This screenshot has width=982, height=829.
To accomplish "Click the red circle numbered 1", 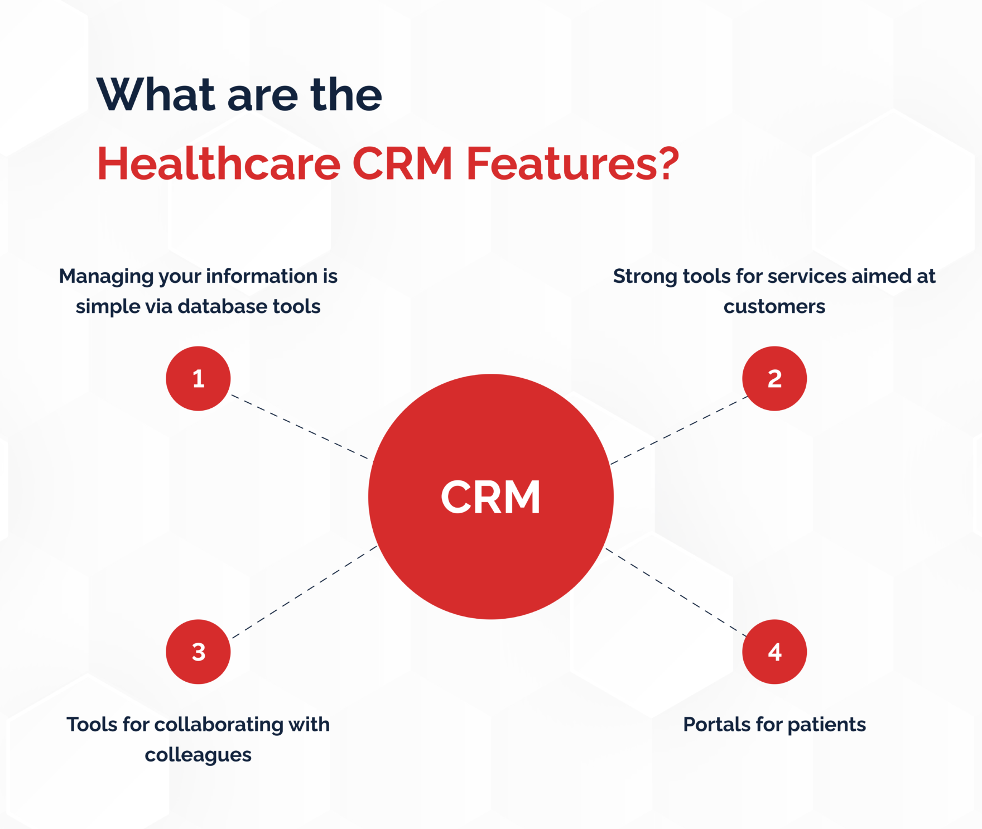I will click(x=198, y=379).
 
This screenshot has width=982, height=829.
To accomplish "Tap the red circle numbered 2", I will click(x=774, y=379).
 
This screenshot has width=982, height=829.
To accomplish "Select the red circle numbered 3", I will click(x=198, y=652).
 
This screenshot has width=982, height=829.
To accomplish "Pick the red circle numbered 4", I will click(x=774, y=652).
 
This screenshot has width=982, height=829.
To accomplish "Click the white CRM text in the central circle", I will click(x=490, y=497).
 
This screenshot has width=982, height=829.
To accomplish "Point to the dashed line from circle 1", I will click(x=300, y=427).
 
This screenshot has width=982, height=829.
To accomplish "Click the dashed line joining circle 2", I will click(x=679, y=430).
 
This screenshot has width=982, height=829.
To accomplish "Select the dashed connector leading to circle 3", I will click(x=305, y=592).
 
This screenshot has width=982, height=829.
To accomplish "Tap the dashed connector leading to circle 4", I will click(x=676, y=592).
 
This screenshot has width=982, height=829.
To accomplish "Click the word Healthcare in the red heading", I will click(x=219, y=164).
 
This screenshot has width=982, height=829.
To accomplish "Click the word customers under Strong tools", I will click(x=774, y=306).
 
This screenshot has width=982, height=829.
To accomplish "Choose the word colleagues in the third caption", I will click(x=198, y=755).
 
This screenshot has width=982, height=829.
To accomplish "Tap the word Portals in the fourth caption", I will click(x=716, y=724).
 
